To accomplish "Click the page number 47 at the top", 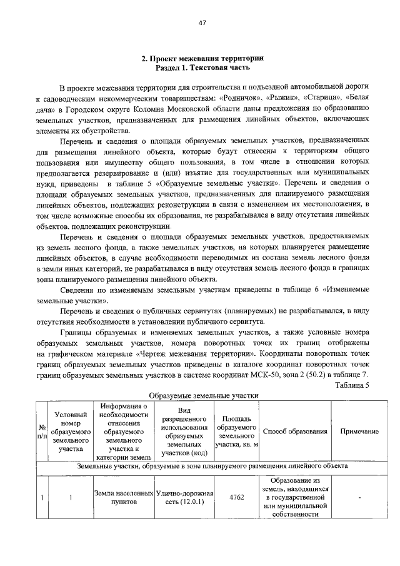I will (x=201, y=23).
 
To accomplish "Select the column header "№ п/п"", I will (x=41, y=431).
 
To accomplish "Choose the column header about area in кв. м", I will (x=236, y=431).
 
